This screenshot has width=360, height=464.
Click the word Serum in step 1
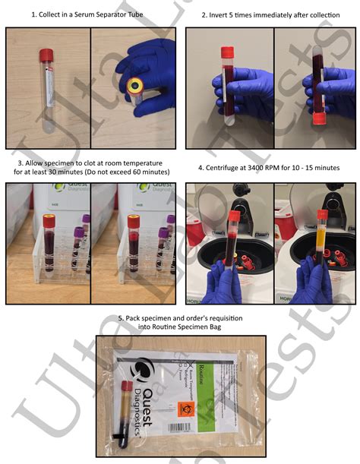click(74, 14)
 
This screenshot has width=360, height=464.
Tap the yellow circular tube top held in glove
click(137, 84)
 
